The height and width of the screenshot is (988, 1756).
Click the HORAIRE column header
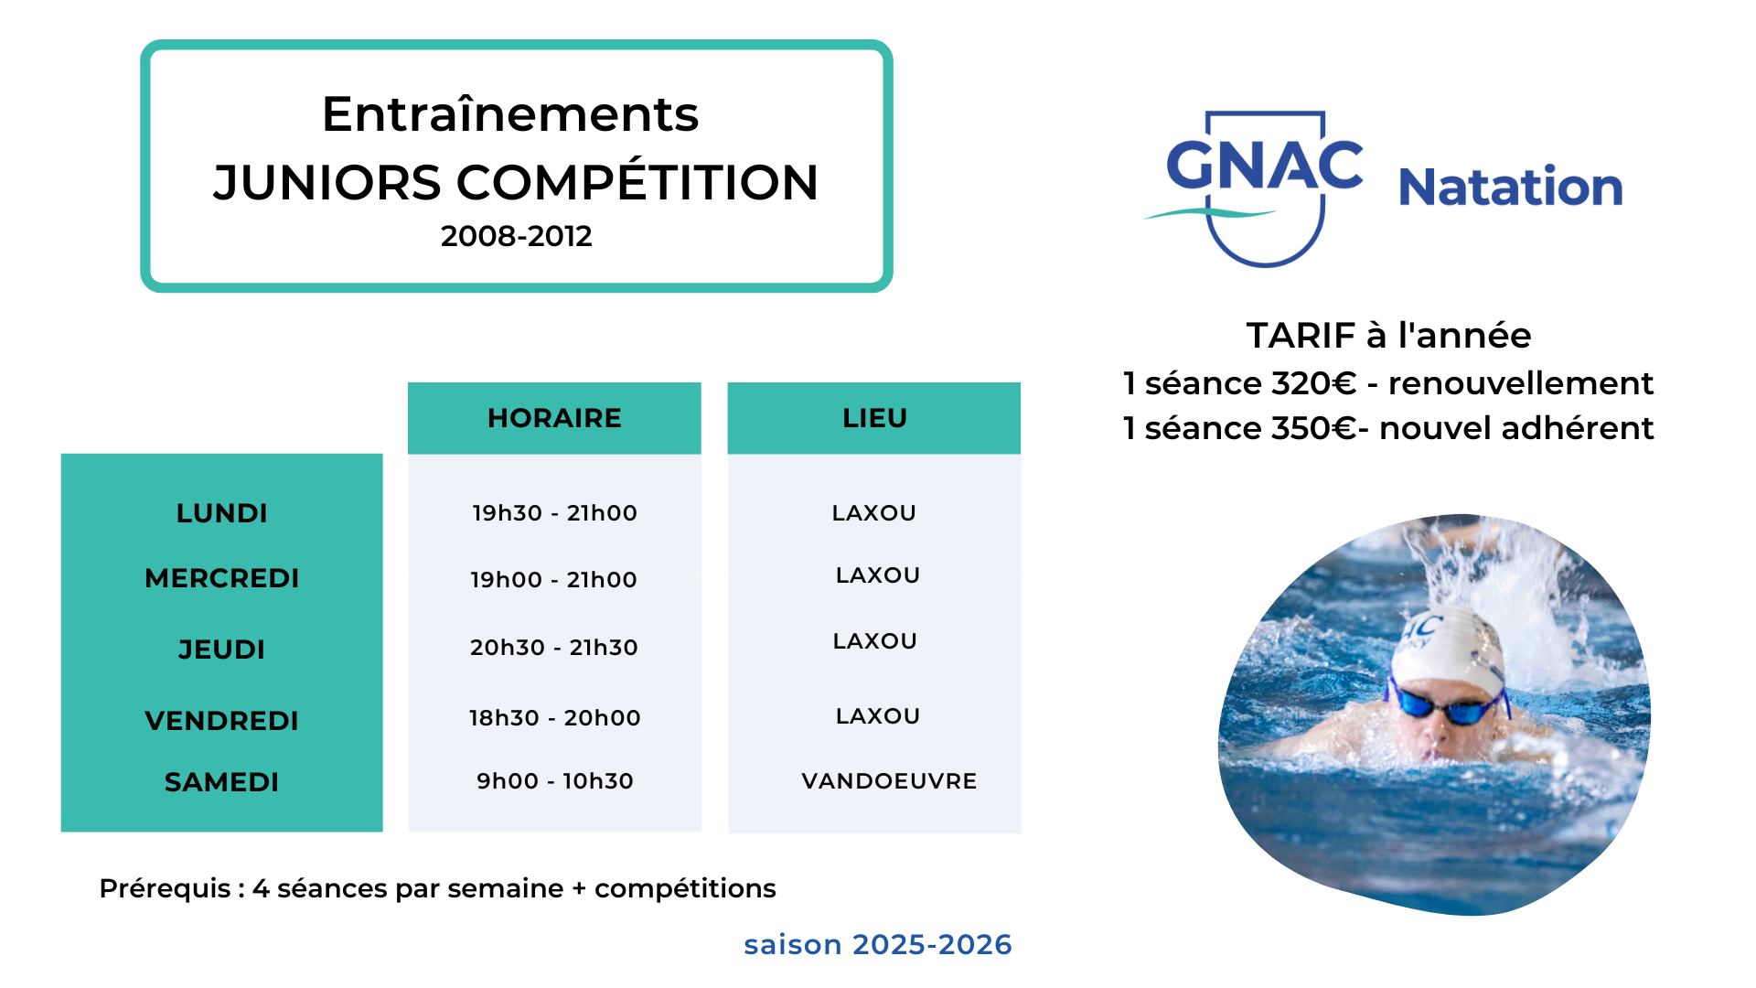(554, 418)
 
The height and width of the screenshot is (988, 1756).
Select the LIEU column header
(874, 418)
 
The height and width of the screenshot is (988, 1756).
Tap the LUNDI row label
(222, 513)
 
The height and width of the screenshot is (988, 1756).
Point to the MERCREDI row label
(222, 578)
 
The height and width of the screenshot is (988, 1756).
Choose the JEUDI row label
(221, 650)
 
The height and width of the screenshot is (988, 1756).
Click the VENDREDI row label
(222, 721)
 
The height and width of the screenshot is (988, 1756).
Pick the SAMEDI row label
(221, 782)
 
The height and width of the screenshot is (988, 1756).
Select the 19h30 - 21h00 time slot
(554, 513)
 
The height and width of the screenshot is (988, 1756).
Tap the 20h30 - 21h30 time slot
(554, 648)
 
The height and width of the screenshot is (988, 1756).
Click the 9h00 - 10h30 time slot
(554, 781)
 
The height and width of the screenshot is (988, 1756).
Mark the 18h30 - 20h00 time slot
(554, 718)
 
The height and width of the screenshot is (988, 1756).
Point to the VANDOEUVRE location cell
(889, 781)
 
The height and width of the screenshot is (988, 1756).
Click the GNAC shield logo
(1255, 188)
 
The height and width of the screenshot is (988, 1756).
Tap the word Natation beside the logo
(1511, 187)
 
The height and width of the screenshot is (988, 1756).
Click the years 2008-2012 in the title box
(516, 236)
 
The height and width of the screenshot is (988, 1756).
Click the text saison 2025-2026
(878, 944)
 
